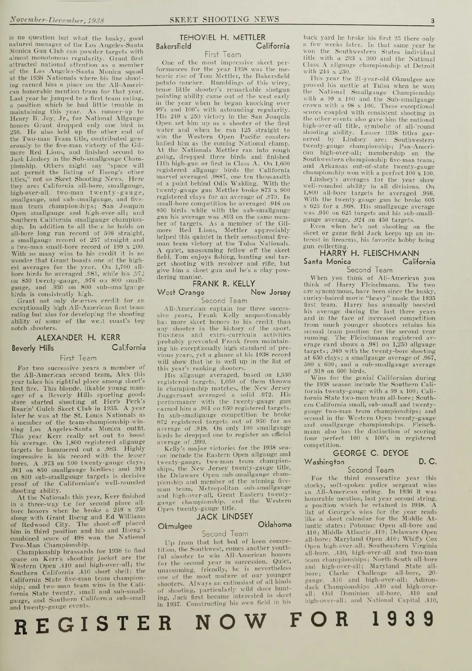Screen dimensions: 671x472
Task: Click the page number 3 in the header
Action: (431, 21)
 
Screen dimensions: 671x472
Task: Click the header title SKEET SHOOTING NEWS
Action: (224, 20)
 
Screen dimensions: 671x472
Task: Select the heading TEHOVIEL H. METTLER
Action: (222, 38)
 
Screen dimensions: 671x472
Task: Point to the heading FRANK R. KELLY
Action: (223, 284)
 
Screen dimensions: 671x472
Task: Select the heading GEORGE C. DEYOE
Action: (369, 453)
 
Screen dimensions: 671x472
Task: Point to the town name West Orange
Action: (181, 292)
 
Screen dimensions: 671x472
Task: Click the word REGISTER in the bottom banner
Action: (90, 622)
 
